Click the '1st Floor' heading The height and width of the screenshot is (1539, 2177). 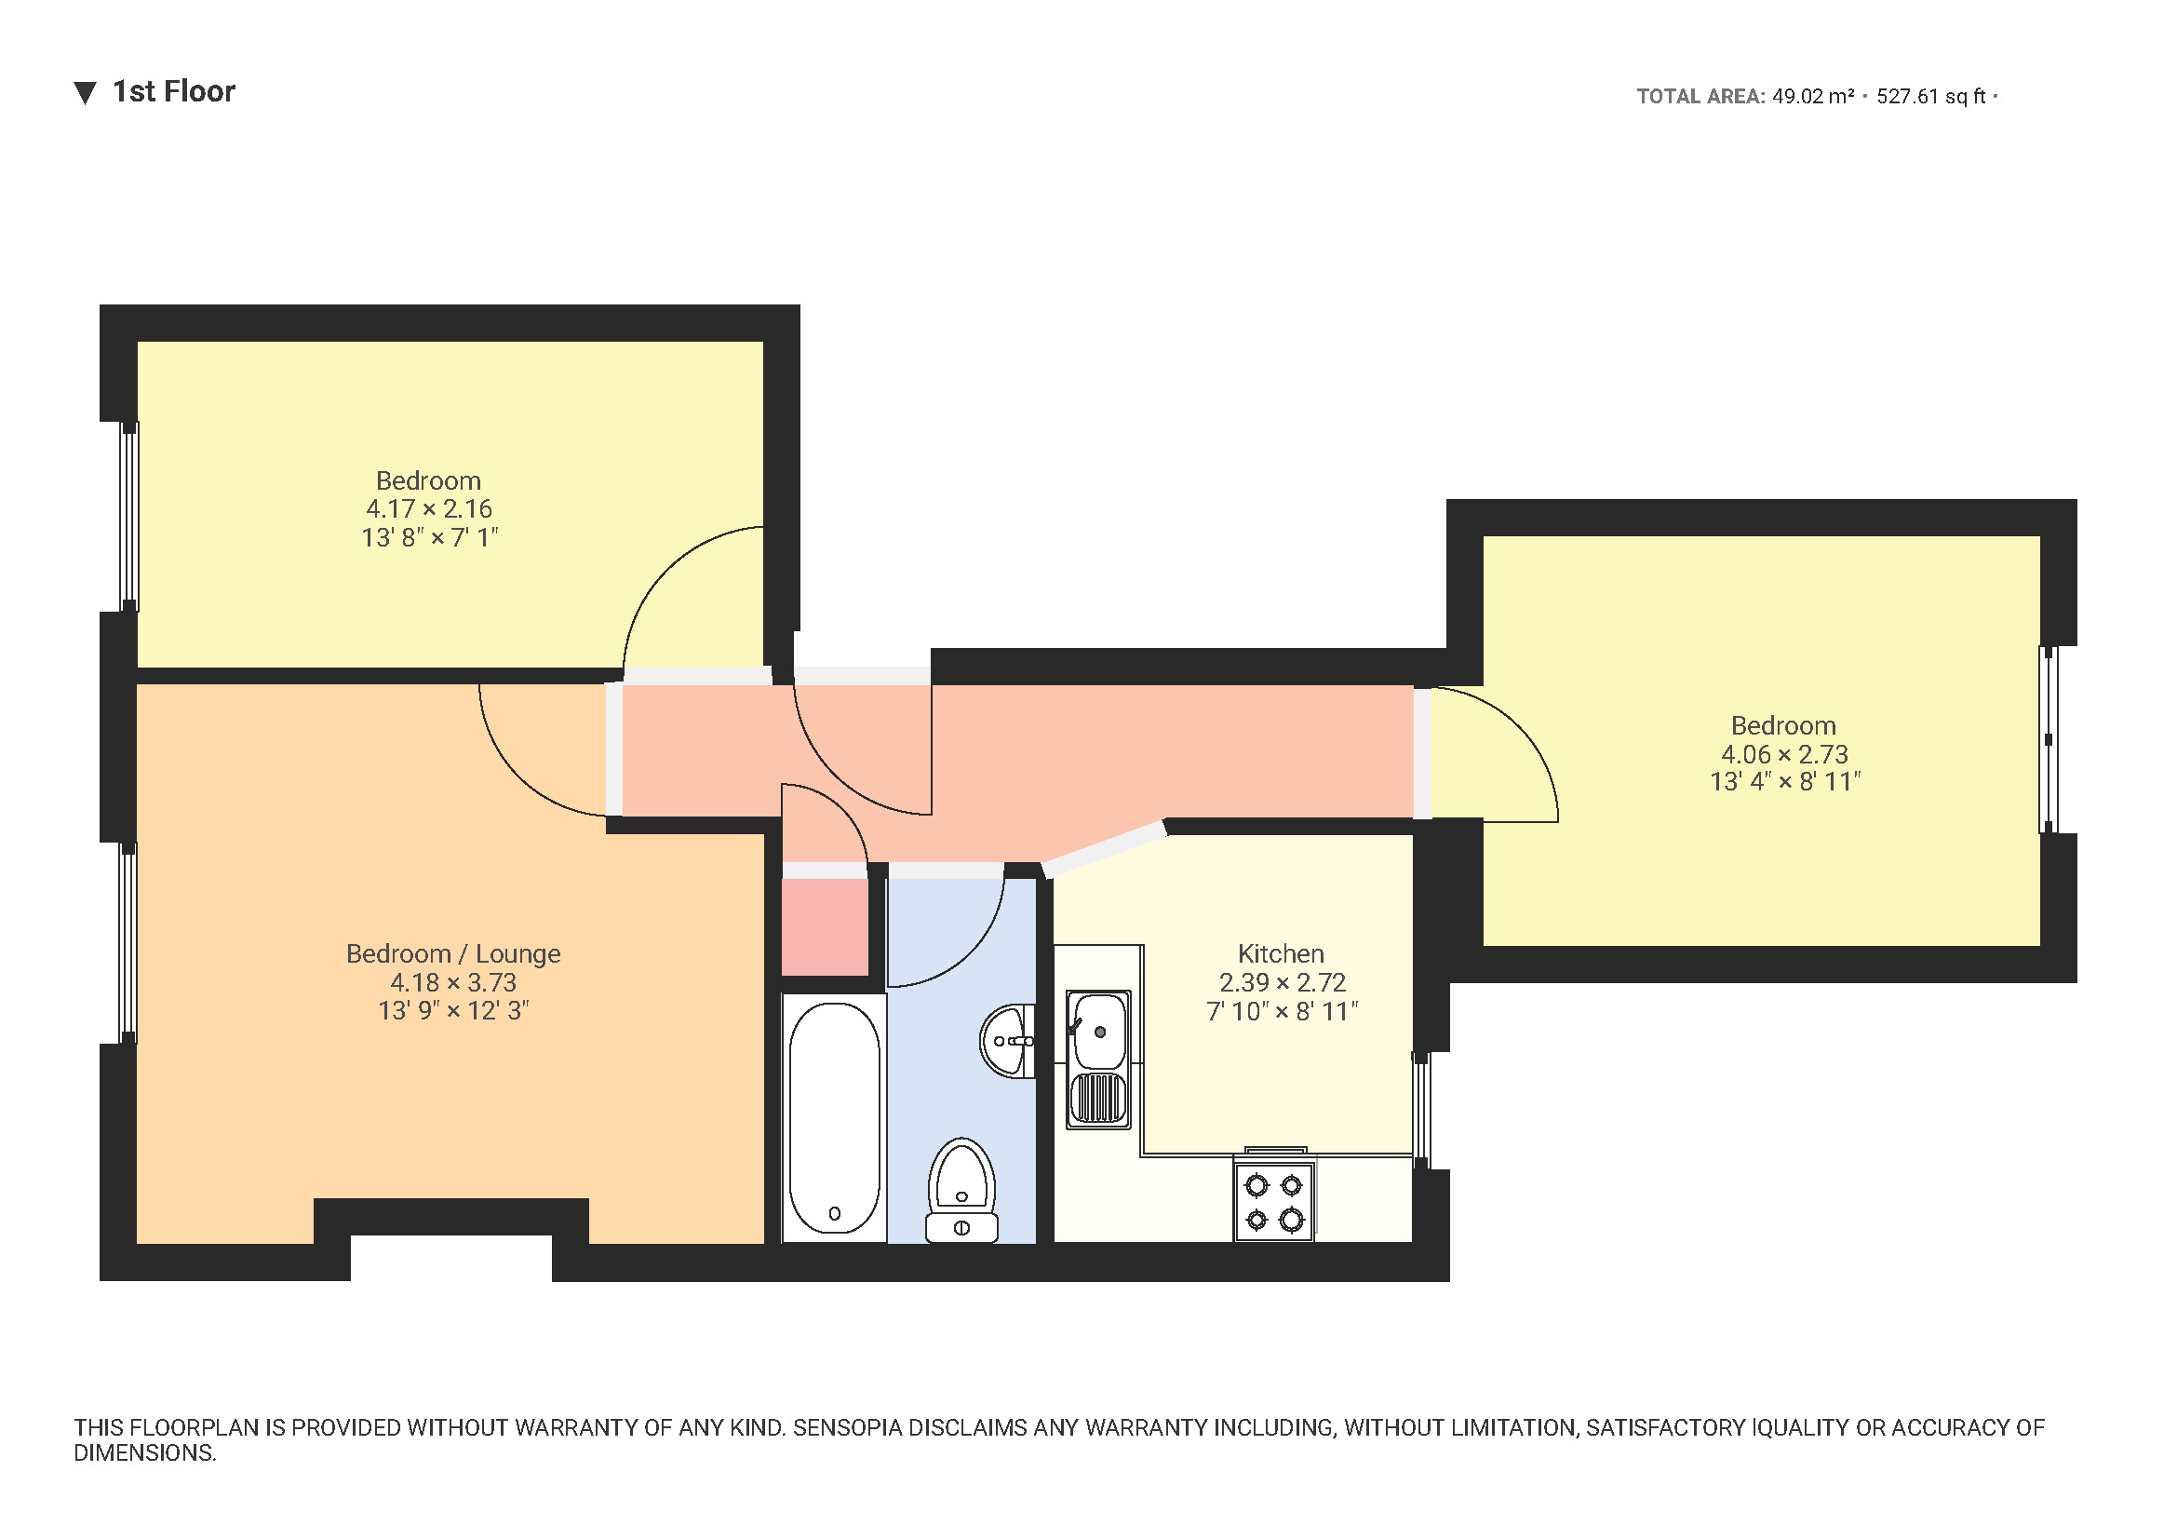(173, 92)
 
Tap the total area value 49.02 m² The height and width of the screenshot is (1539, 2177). (1813, 97)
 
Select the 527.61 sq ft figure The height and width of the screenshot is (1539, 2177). (1930, 97)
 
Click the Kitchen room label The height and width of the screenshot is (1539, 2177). (1281, 954)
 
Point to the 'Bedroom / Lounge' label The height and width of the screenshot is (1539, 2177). (453, 954)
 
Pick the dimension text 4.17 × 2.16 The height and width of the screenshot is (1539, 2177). (429, 509)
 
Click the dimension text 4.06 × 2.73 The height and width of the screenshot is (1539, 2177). (1784, 755)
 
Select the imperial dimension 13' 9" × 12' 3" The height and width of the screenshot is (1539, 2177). (453, 1011)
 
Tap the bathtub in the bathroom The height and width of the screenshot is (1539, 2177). (834, 1118)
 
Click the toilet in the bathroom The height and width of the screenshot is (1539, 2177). (961, 1191)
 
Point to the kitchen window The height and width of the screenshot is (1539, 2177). (1421, 1111)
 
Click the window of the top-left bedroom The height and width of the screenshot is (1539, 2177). (129, 517)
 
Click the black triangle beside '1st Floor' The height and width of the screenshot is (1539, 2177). (86, 93)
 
